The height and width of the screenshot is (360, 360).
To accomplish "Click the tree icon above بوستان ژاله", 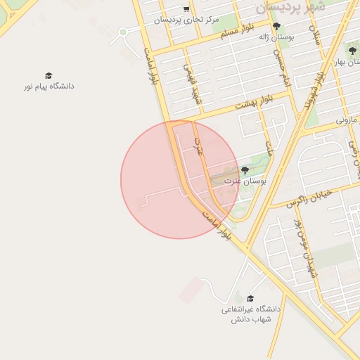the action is [x=276, y=26].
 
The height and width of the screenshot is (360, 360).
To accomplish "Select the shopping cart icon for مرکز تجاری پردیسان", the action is [x=186, y=9].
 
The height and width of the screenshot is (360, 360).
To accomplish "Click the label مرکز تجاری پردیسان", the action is [x=186, y=19].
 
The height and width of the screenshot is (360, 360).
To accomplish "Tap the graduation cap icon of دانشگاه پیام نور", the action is [x=49, y=75].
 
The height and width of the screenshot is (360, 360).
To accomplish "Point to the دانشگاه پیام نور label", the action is [x=49, y=86].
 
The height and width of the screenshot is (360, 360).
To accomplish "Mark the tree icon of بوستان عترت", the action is [x=245, y=170].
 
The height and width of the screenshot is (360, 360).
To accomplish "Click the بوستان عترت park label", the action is [x=245, y=181].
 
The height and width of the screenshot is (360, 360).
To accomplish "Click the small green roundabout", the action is [x=122, y=32].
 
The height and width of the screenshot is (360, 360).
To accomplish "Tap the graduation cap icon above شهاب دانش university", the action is [x=251, y=298].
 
